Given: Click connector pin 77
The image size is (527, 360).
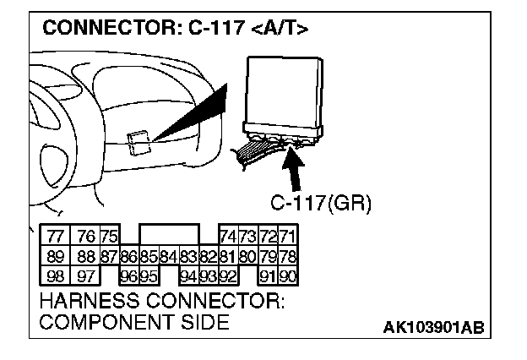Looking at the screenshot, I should pos(56,237).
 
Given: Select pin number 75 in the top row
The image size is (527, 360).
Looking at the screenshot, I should pos(109,237).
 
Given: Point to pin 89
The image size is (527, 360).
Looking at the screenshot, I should pos(56,256).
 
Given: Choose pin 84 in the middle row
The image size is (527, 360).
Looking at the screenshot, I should pos(167,256).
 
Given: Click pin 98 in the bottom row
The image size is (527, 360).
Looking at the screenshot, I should pos(56,275).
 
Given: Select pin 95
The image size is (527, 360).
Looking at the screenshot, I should pos(148,275).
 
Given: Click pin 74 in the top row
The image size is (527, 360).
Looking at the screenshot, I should pos(228,237).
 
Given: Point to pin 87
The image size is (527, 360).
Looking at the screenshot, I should pos(109,256).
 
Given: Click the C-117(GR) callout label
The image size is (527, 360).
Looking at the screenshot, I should pos(321,204).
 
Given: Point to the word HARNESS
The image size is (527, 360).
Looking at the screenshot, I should pos(85,301).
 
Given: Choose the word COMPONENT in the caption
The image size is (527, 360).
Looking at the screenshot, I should pos(100,322).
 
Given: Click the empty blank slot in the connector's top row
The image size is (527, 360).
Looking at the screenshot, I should pos(169,234).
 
